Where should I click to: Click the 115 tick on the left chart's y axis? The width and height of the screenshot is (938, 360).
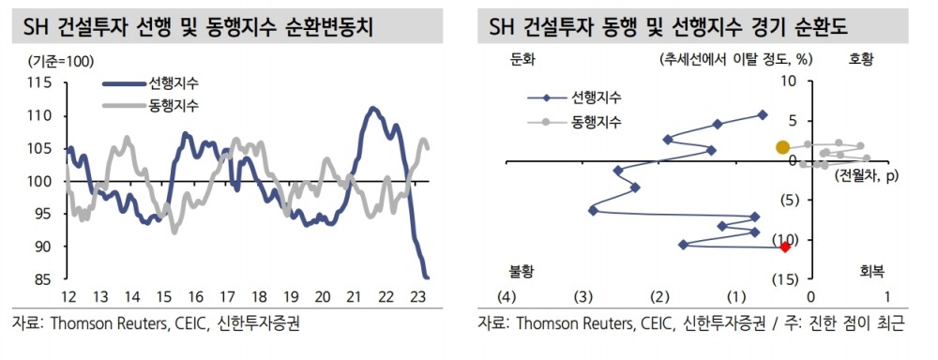click(x=39, y=82)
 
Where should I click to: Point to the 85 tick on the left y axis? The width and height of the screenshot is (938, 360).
click(x=43, y=278)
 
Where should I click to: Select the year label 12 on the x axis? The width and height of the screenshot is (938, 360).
click(x=68, y=297)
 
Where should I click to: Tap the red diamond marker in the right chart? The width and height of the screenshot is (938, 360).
click(x=786, y=246)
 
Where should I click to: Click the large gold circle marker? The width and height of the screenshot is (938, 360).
click(x=783, y=147)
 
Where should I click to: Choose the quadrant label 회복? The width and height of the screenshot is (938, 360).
click(x=870, y=270)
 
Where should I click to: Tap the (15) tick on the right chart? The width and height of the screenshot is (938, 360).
click(x=785, y=279)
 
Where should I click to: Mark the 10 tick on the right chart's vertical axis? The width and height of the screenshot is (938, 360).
click(x=788, y=82)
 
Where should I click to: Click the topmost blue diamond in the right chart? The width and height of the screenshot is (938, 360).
click(x=762, y=115)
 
